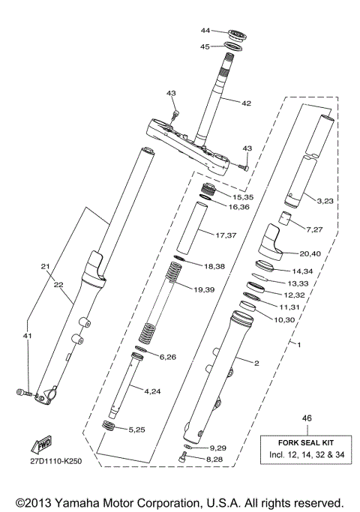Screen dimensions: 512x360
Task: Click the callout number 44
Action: [205, 31]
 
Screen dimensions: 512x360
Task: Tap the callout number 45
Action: [205, 46]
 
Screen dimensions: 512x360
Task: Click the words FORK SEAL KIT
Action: [305, 442]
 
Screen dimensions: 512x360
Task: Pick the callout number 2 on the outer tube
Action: [256, 364]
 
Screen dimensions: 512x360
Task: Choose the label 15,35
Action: [242, 196]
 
